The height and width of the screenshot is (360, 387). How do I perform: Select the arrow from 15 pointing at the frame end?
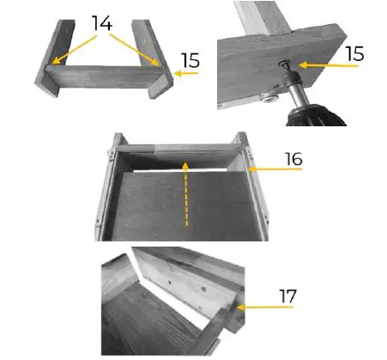pyautogui.click(x=186, y=75)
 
